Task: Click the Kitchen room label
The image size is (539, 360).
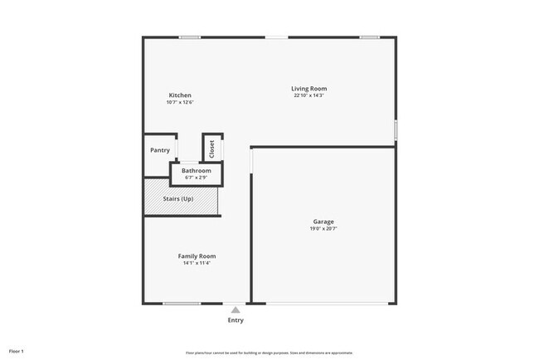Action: (180, 95)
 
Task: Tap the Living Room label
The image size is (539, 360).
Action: (309, 89)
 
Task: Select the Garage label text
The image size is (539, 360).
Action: (323, 221)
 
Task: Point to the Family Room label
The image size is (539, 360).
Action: (197, 256)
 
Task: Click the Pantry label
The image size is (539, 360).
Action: (160, 150)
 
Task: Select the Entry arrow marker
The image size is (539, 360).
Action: (236, 309)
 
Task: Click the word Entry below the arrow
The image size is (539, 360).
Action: (236, 320)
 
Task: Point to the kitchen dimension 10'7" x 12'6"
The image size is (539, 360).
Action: (180, 103)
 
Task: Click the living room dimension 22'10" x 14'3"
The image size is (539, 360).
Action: (309, 96)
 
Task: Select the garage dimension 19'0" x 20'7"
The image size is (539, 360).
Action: (323, 229)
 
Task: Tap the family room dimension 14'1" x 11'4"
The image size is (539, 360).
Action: (197, 264)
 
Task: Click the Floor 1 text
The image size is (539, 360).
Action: (17, 351)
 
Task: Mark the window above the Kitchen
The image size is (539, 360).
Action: (190, 36)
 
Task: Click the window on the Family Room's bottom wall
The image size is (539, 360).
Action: (182, 304)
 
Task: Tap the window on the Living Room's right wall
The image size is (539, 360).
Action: (396, 129)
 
